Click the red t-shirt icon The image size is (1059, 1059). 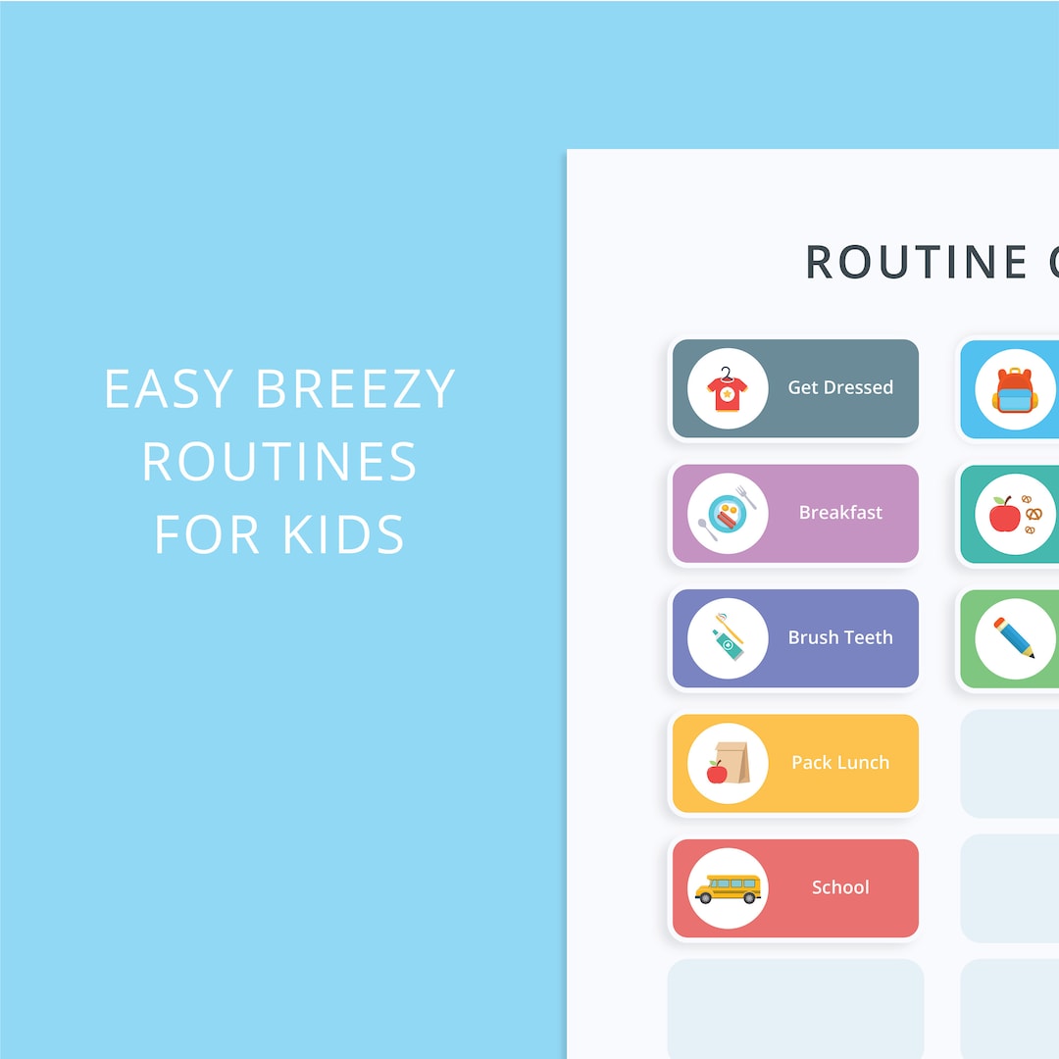(x=728, y=388)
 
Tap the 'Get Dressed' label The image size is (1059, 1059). (x=840, y=387)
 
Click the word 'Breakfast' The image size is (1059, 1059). (x=840, y=512)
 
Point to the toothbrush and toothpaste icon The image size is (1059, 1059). (x=728, y=637)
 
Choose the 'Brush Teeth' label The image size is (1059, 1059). (x=840, y=637)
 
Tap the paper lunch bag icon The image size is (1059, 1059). (x=728, y=763)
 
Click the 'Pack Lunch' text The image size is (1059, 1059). (x=840, y=762)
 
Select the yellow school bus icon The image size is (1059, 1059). (x=728, y=888)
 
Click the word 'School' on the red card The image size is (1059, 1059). (x=840, y=887)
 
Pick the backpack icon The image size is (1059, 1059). (x=1014, y=389)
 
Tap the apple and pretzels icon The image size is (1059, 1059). (x=1015, y=514)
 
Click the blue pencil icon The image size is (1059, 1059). (x=1014, y=638)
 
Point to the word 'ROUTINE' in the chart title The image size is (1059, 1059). (x=903, y=262)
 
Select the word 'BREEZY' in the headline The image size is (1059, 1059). (x=355, y=389)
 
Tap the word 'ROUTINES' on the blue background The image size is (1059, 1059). (x=279, y=462)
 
